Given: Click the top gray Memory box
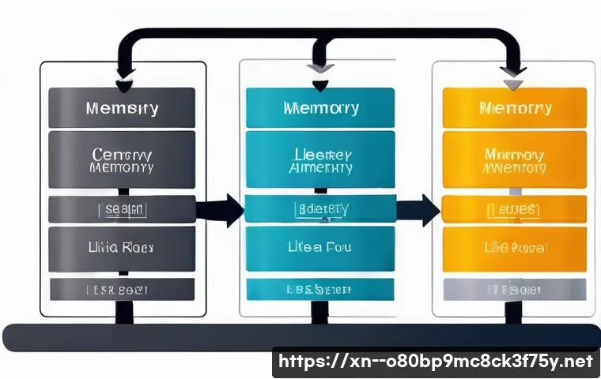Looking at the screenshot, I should click(x=122, y=107).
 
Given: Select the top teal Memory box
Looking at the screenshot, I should click(x=321, y=107).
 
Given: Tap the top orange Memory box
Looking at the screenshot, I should click(x=514, y=107).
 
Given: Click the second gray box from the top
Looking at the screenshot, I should click(x=122, y=159).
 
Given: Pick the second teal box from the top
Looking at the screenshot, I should click(x=321, y=159).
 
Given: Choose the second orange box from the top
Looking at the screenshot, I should click(x=514, y=159).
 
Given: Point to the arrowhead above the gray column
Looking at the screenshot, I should click(x=125, y=85).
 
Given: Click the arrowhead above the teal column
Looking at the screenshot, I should click(x=319, y=85).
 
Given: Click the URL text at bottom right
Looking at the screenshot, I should click(x=437, y=362).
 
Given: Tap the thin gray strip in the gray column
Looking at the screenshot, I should click(x=122, y=209).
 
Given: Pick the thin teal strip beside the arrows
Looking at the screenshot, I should click(x=321, y=209).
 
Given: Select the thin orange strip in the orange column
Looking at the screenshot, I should click(x=514, y=209).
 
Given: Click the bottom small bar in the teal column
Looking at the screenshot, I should click(x=321, y=290).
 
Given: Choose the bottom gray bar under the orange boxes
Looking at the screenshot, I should click(x=514, y=290).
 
